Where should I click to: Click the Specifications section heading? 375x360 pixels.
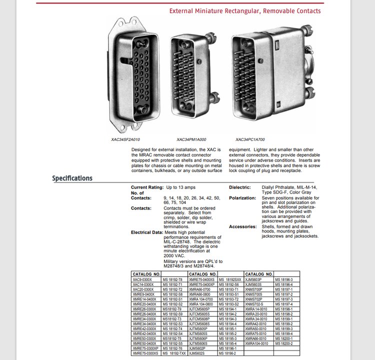(72, 178)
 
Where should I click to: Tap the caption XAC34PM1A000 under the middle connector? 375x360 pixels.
(191, 139)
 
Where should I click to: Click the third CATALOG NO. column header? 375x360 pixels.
(258, 274)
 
